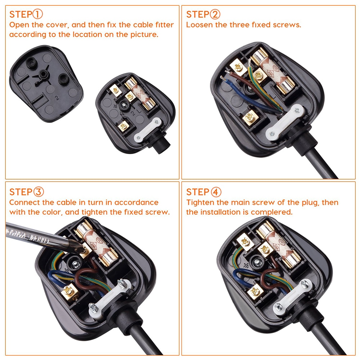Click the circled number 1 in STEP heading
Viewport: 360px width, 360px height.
tap(37, 14)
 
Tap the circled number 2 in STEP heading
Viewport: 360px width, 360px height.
tap(215, 14)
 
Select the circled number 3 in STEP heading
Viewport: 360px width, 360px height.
tap(39, 192)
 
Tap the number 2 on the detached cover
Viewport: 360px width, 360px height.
tap(56, 98)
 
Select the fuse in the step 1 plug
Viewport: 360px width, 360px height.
tap(139, 94)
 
